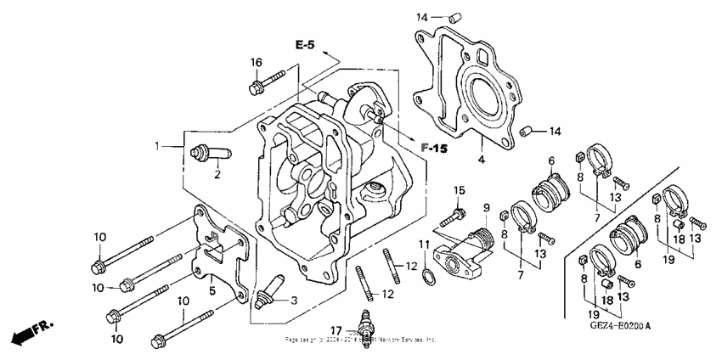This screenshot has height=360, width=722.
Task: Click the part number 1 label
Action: tap(157, 147)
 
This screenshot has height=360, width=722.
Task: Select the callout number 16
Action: tap(256, 63)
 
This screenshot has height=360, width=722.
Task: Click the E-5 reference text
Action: tap(307, 45)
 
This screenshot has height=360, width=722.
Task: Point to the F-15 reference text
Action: tap(434, 148)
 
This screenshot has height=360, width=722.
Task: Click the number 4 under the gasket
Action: tap(480, 159)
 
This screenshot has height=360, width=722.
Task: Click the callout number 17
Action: tap(337, 329)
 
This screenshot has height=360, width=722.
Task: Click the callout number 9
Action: tap(487, 208)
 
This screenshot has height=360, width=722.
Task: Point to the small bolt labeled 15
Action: tap(460, 211)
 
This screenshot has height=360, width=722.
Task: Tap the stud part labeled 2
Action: tap(204, 155)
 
